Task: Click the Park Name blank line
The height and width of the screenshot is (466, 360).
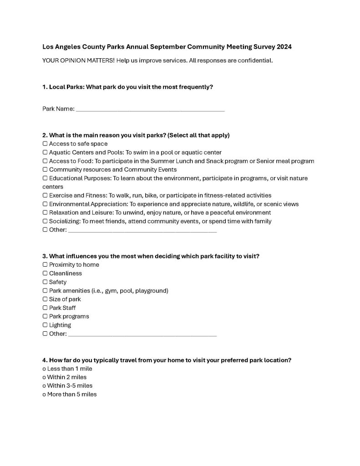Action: pos(150,110)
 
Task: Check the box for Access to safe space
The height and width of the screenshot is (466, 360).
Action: pos(45,144)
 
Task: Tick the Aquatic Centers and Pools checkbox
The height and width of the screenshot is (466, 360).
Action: pos(45,152)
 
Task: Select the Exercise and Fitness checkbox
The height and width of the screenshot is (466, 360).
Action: pos(45,195)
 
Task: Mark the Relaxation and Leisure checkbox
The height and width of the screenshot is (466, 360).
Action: pos(45,213)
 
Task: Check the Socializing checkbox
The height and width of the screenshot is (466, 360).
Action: pos(45,221)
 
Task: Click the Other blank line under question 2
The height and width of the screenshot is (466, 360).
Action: pos(142,231)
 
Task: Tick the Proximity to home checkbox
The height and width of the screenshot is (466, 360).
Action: pos(45,265)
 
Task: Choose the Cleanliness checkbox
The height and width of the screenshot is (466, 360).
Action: pos(45,274)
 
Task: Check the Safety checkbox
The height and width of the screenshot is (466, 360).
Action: pos(45,282)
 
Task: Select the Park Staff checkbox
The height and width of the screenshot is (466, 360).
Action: pos(45,308)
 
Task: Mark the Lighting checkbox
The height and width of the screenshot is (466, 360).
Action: pos(45,325)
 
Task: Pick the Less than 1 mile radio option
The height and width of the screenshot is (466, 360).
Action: pos(44,369)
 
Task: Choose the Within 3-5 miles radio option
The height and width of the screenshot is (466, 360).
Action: pos(44,386)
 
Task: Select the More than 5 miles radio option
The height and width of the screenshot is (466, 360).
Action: pos(44,395)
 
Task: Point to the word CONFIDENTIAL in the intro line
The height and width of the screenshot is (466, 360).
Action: pos(256,61)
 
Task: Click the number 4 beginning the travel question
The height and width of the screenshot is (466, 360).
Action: pos(44,360)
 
